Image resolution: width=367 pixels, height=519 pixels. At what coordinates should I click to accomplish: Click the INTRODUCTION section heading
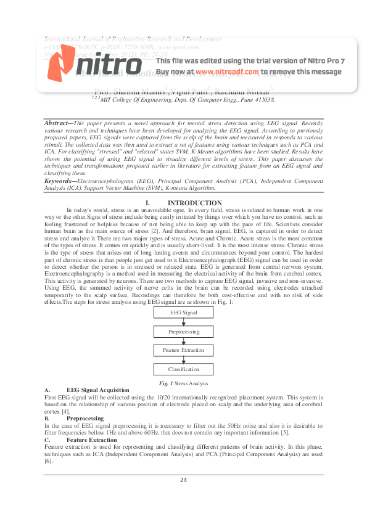coord(195,203)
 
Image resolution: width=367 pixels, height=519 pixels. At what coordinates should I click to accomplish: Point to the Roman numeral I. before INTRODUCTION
coord(147,203)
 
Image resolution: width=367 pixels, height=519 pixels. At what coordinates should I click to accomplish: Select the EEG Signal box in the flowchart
coord(184,313)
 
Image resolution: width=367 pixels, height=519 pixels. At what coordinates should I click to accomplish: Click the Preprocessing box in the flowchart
coord(184,332)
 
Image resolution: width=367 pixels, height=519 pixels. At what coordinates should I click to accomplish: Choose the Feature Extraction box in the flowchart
coord(184,350)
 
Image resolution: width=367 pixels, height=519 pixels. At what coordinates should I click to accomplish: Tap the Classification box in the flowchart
coord(184,369)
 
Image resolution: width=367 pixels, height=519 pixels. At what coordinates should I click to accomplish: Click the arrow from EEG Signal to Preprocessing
coord(184,322)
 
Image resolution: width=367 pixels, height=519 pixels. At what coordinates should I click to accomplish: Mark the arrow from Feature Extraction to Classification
coord(184,360)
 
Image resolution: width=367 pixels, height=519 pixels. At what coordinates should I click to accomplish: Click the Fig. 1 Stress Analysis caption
coord(183,383)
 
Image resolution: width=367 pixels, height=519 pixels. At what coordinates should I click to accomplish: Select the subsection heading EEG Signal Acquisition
coord(97,390)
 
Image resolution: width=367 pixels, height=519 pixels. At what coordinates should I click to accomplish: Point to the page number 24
coord(183,480)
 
